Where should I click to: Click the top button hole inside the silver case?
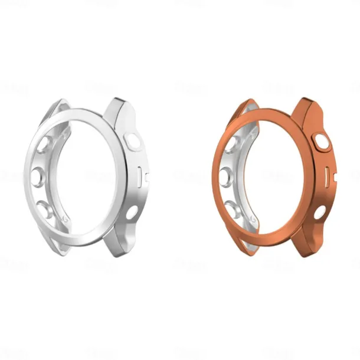click(x=44, y=145)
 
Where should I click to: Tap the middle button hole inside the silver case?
click(x=38, y=175)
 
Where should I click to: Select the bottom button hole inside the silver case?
click(x=44, y=208)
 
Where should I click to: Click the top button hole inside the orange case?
click(x=232, y=145)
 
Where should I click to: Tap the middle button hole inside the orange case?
click(x=225, y=175)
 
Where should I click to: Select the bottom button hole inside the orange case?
click(x=232, y=208)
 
